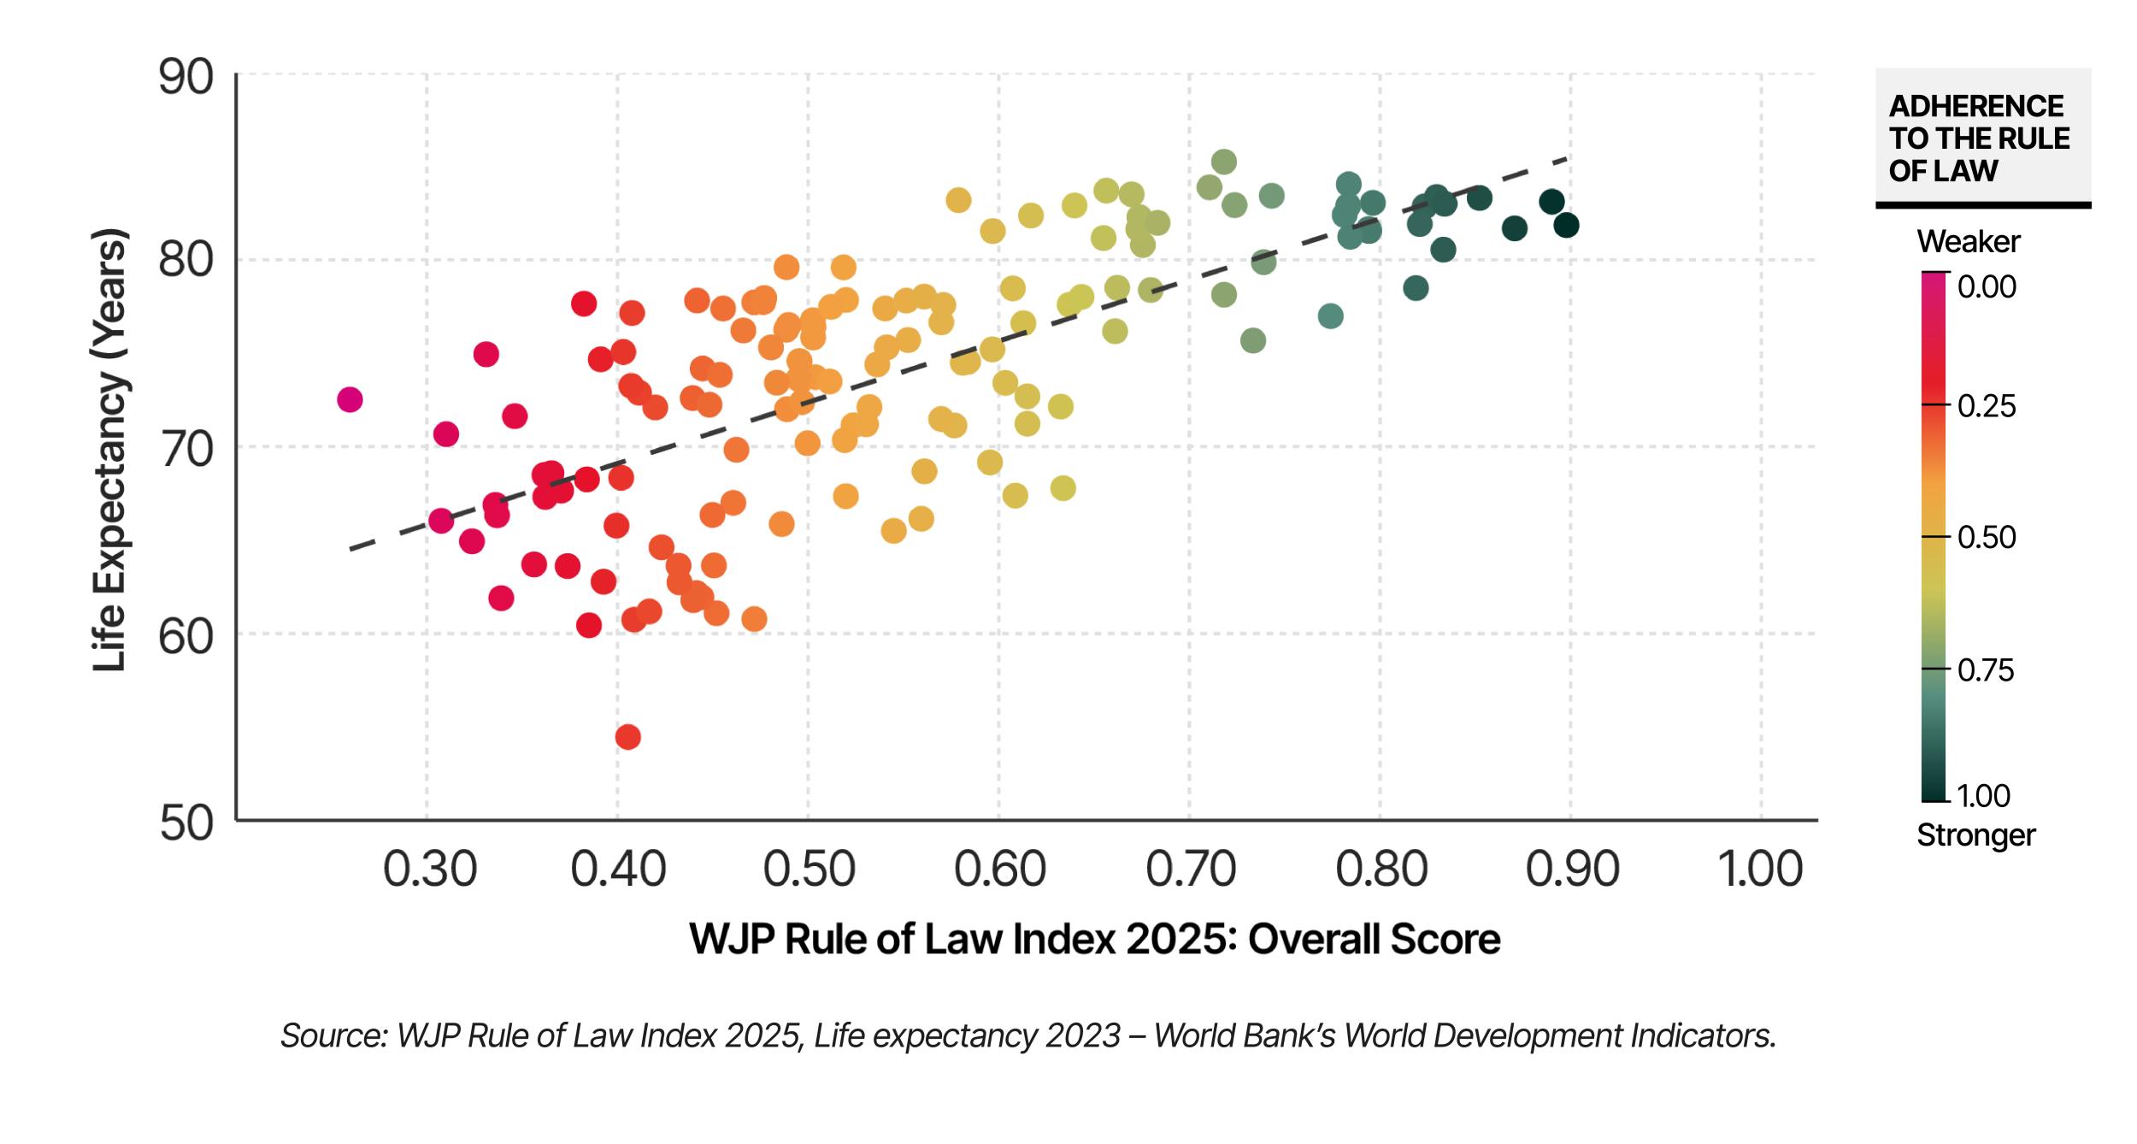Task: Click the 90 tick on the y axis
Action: pos(185,79)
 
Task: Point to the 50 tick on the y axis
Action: pos(185,823)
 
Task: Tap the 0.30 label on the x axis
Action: pos(429,870)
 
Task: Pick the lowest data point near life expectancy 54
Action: pos(627,737)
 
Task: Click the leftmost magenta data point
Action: pos(350,399)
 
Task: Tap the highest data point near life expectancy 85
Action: pos(1224,162)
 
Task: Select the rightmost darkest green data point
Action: pos(1566,226)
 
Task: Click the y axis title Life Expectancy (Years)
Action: pos(110,450)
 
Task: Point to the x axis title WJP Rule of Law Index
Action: pos(1094,940)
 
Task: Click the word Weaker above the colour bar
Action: pos(1968,242)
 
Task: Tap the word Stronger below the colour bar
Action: pos(1975,835)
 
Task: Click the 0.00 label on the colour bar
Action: pos(1987,287)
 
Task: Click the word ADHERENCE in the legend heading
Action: pos(1975,106)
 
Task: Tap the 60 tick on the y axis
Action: pos(185,637)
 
